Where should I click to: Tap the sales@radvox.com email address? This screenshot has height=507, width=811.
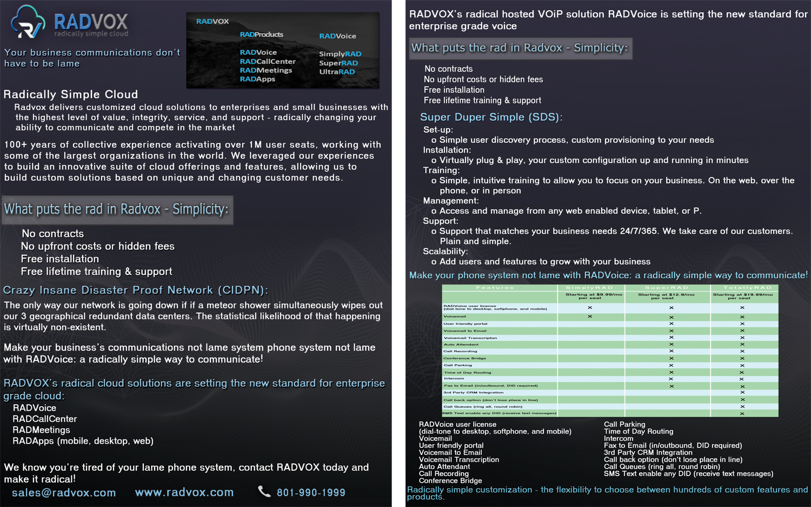[x=64, y=492]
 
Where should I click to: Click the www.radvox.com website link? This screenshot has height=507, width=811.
[x=184, y=492]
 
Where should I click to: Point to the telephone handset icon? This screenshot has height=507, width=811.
[x=264, y=491]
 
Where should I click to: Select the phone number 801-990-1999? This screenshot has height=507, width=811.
[x=311, y=492]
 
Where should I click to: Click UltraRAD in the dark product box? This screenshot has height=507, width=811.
[x=337, y=71]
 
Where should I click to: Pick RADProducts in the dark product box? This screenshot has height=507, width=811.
[x=261, y=35]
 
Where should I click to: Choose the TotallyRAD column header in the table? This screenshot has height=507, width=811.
[x=744, y=287]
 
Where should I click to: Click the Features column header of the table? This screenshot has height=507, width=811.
[x=495, y=287]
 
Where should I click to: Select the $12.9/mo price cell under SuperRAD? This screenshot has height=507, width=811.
[x=666, y=296]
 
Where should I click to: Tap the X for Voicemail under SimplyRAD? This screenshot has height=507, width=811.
[x=590, y=317]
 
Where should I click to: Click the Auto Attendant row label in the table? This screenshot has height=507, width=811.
[x=461, y=344]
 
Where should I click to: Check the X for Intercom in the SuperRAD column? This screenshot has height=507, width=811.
[x=671, y=379]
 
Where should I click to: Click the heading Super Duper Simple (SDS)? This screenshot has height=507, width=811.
[x=491, y=117]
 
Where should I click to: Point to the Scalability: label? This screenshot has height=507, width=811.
[x=446, y=251]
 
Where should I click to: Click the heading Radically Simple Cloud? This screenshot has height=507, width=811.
[x=71, y=94]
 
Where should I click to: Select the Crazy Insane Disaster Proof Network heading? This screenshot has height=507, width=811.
[x=135, y=290]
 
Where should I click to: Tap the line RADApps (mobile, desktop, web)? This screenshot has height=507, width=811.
[x=83, y=441]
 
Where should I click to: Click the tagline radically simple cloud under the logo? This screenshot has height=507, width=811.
[x=91, y=34]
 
